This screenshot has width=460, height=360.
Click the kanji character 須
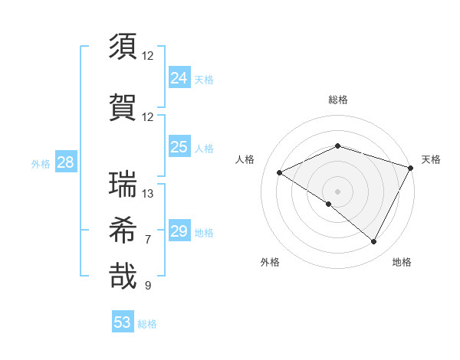[123, 47]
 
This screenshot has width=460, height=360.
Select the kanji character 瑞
[123, 185]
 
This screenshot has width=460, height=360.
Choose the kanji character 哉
[123, 276]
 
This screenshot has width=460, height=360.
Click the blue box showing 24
[179, 78]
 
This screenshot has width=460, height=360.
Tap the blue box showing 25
[179, 147]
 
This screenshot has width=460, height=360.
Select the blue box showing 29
[179, 231]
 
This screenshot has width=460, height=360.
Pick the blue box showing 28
[65, 162]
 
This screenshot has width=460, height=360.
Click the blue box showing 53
[123, 322]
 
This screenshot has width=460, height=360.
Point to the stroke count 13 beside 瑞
[148, 194]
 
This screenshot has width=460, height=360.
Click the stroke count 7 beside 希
[148, 240]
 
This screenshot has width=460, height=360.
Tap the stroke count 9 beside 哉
[148, 286]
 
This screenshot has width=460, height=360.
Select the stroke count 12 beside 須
[148, 56]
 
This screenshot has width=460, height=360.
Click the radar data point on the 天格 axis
[411, 168]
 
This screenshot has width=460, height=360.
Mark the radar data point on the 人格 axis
[280, 172]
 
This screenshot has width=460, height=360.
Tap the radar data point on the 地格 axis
[374, 242]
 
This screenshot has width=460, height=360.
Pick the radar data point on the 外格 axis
[329, 204]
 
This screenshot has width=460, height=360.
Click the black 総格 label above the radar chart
[338, 100]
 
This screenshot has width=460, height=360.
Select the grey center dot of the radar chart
[337, 191]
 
